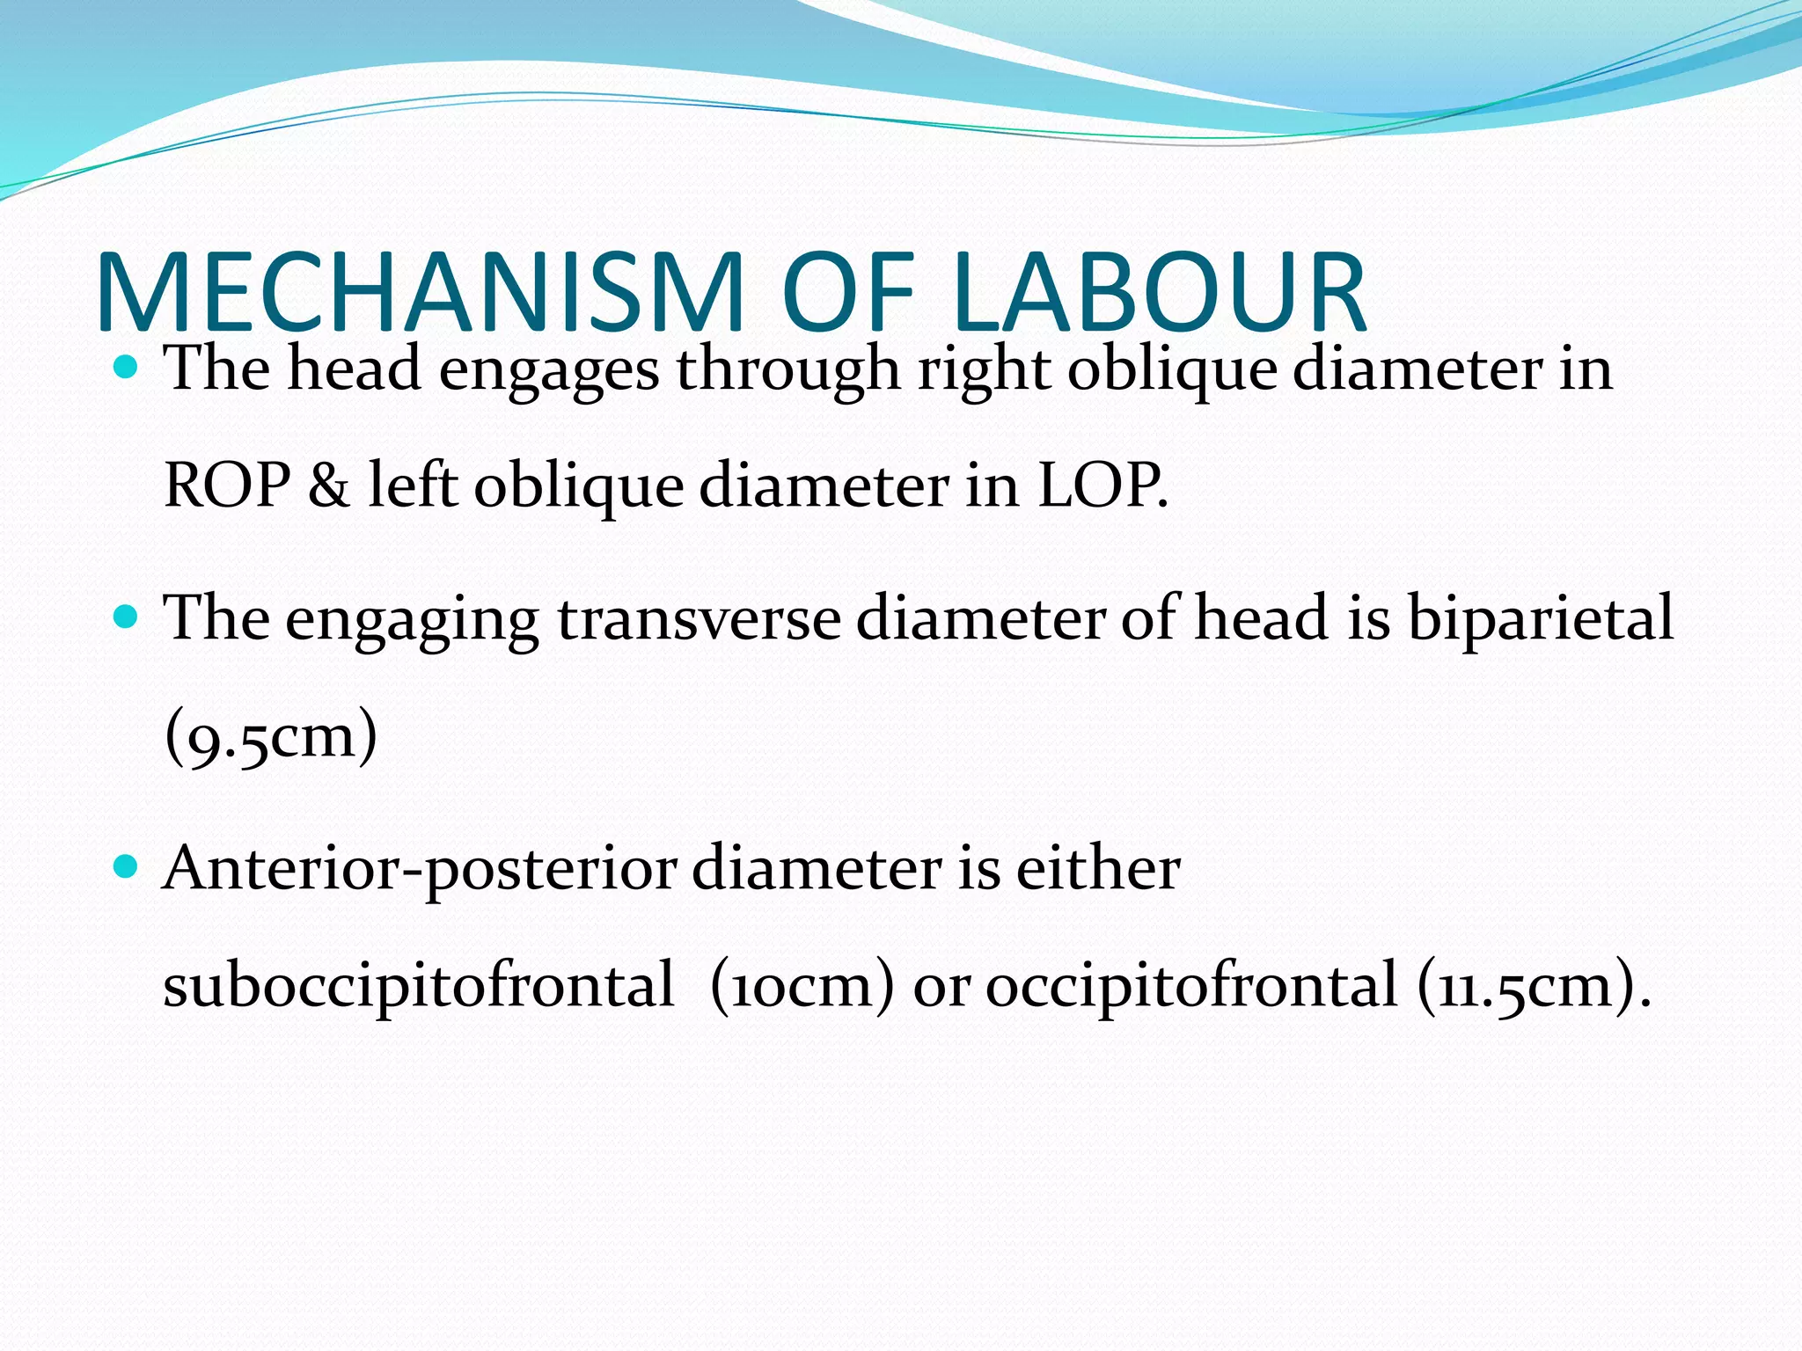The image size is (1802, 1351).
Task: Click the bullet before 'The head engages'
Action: pyautogui.click(x=127, y=366)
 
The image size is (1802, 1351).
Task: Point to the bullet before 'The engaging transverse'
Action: pyautogui.click(x=127, y=617)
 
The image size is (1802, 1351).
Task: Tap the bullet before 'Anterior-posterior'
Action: pyautogui.click(x=127, y=867)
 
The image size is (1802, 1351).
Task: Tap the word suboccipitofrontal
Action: pyautogui.click(x=418, y=985)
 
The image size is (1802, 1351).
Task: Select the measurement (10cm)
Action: pyautogui.click(x=801, y=985)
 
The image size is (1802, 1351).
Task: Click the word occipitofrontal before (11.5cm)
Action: pyautogui.click(x=1190, y=985)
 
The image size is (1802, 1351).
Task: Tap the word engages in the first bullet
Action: pyautogui.click(x=548, y=369)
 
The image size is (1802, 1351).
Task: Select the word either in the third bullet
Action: pyautogui.click(x=1097, y=867)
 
